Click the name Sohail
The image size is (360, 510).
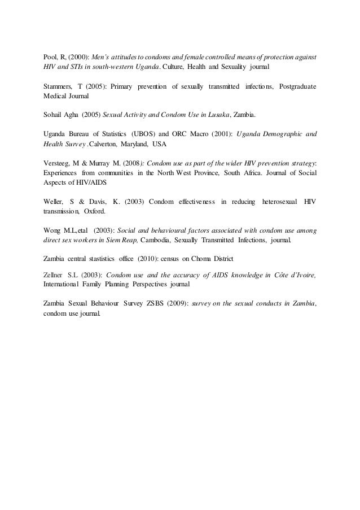tap(54, 115)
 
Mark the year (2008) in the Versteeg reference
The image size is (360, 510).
tap(135, 163)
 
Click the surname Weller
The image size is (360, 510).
tap(54, 201)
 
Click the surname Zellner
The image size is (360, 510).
tap(54, 274)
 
